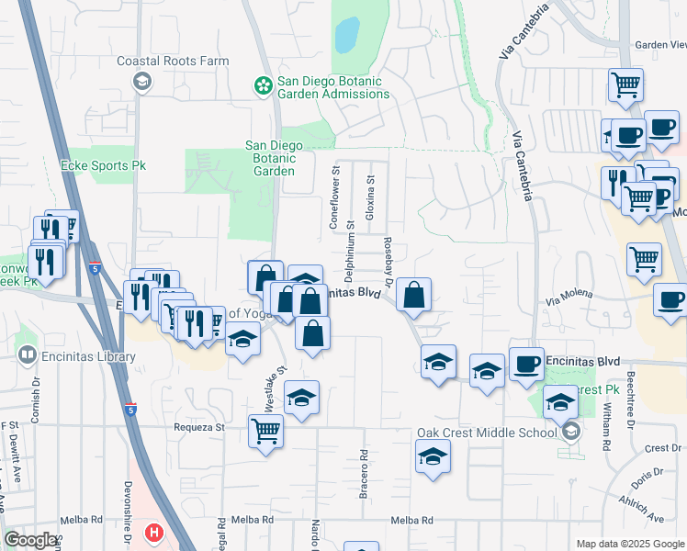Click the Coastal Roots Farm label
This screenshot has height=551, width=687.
point(173,62)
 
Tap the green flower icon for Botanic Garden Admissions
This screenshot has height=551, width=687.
point(263,86)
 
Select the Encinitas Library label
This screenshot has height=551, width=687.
point(75,354)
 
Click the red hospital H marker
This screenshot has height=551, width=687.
point(154,533)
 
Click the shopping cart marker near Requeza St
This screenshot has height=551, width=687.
point(265,429)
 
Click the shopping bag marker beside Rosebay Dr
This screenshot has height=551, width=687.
point(414,296)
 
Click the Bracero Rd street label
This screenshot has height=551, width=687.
point(364,474)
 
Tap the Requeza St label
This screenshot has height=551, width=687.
point(199,428)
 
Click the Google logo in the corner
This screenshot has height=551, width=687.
point(30,540)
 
